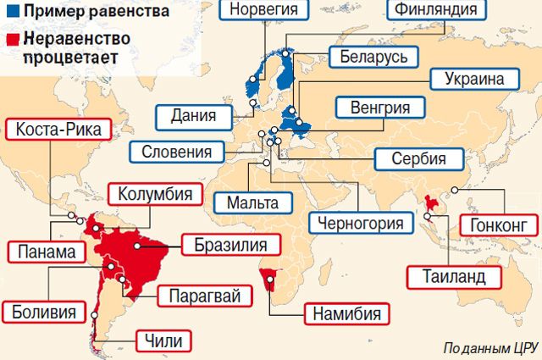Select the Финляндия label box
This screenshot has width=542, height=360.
click(434, 11)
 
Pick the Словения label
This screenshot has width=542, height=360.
click(178, 152)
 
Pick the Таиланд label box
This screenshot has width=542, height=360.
click(450, 277)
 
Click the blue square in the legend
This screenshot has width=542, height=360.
click(8, 13)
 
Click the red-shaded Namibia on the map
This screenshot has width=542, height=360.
click(269, 280)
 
